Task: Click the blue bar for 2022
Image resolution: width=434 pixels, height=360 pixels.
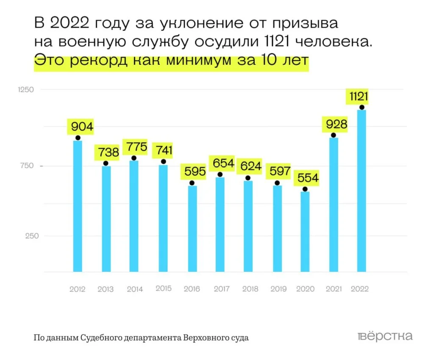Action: pos(362,191)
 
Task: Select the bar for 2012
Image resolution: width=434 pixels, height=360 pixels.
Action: pos(78,206)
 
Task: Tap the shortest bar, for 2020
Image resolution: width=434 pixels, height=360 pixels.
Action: pos(305,232)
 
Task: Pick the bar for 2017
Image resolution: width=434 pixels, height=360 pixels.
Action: pos(220,224)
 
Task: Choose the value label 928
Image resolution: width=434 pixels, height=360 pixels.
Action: pos(337,125)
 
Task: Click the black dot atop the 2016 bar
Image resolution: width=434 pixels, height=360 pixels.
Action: pos(192,183)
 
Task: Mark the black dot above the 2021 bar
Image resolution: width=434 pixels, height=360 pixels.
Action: pos(333,135)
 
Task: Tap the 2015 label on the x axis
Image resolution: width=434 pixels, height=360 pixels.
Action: pos(164,288)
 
